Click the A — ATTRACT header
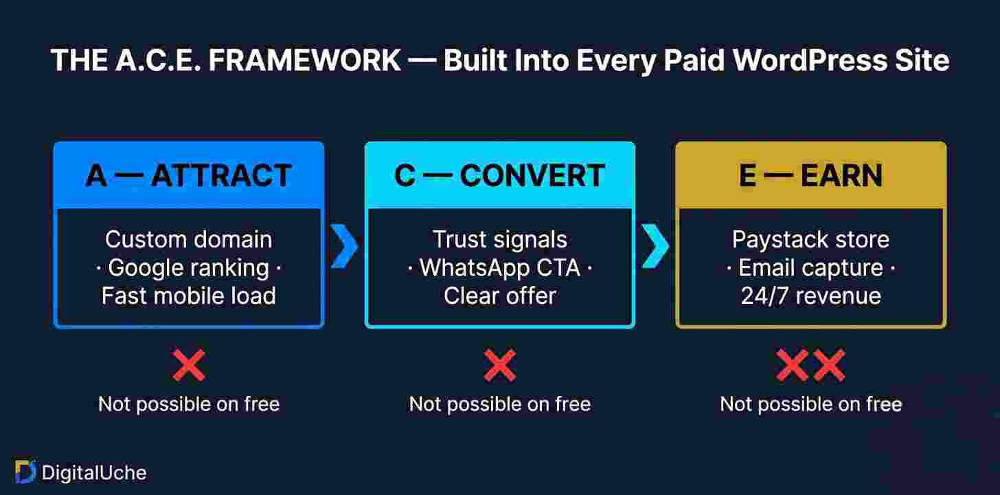[x=188, y=176]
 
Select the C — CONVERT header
[x=499, y=176]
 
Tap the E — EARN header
[x=810, y=176]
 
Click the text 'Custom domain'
[x=188, y=239]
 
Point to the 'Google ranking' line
[x=188, y=267]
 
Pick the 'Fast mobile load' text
[x=188, y=296]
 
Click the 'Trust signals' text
[x=499, y=239]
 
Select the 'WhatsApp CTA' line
[x=499, y=267]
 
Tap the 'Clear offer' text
[x=499, y=296]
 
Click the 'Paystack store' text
[x=810, y=239]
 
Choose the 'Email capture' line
[x=810, y=267]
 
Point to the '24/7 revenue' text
[x=810, y=296]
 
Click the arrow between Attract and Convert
[x=344, y=245]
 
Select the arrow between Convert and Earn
[x=655, y=245]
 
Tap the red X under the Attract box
[x=189, y=365]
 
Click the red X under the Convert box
[x=499, y=365]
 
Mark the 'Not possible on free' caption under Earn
[x=810, y=404]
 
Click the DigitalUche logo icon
[x=25, y=472]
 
